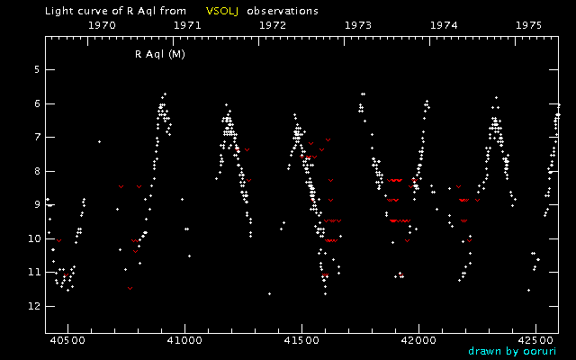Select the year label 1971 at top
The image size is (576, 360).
pyautogui.click(x=187, y=26)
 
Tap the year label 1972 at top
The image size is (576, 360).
pyautogui.click(x=273, y=26)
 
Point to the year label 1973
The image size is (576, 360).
pyautogui.click(x=358, y=26)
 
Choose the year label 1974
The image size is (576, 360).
pyautogui.click(x=444, y=26)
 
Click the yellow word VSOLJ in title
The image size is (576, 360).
pyautogui.click(x=220, y=11)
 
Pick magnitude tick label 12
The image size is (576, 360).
pyautogui.click(x=33, y=306)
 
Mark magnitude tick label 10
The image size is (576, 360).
pyautogui.click(x=33, y=238)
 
